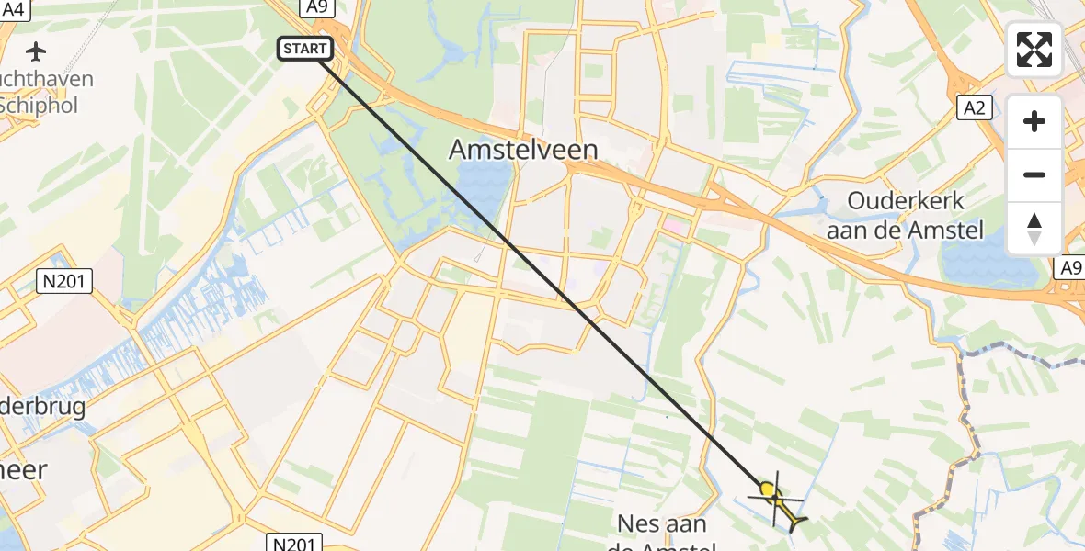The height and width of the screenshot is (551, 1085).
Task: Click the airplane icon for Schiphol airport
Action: click(x=38, y=51)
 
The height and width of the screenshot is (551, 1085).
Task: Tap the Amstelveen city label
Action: click(x=523, y=151)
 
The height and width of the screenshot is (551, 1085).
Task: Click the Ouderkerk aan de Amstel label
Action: click(x=905, y=216)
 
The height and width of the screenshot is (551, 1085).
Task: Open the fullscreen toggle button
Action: click(x=1034, y=50)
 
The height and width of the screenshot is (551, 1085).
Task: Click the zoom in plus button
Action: click(x=1034, y=121)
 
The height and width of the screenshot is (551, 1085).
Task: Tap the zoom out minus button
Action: click(x=1034, y=174)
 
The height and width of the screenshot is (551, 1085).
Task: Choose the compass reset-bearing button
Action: click(x=1034, y=228)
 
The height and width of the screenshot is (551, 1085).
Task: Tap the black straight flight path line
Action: click(x=542, y=270)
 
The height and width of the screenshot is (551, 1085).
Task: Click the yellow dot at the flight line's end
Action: click(x=767, y=489)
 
